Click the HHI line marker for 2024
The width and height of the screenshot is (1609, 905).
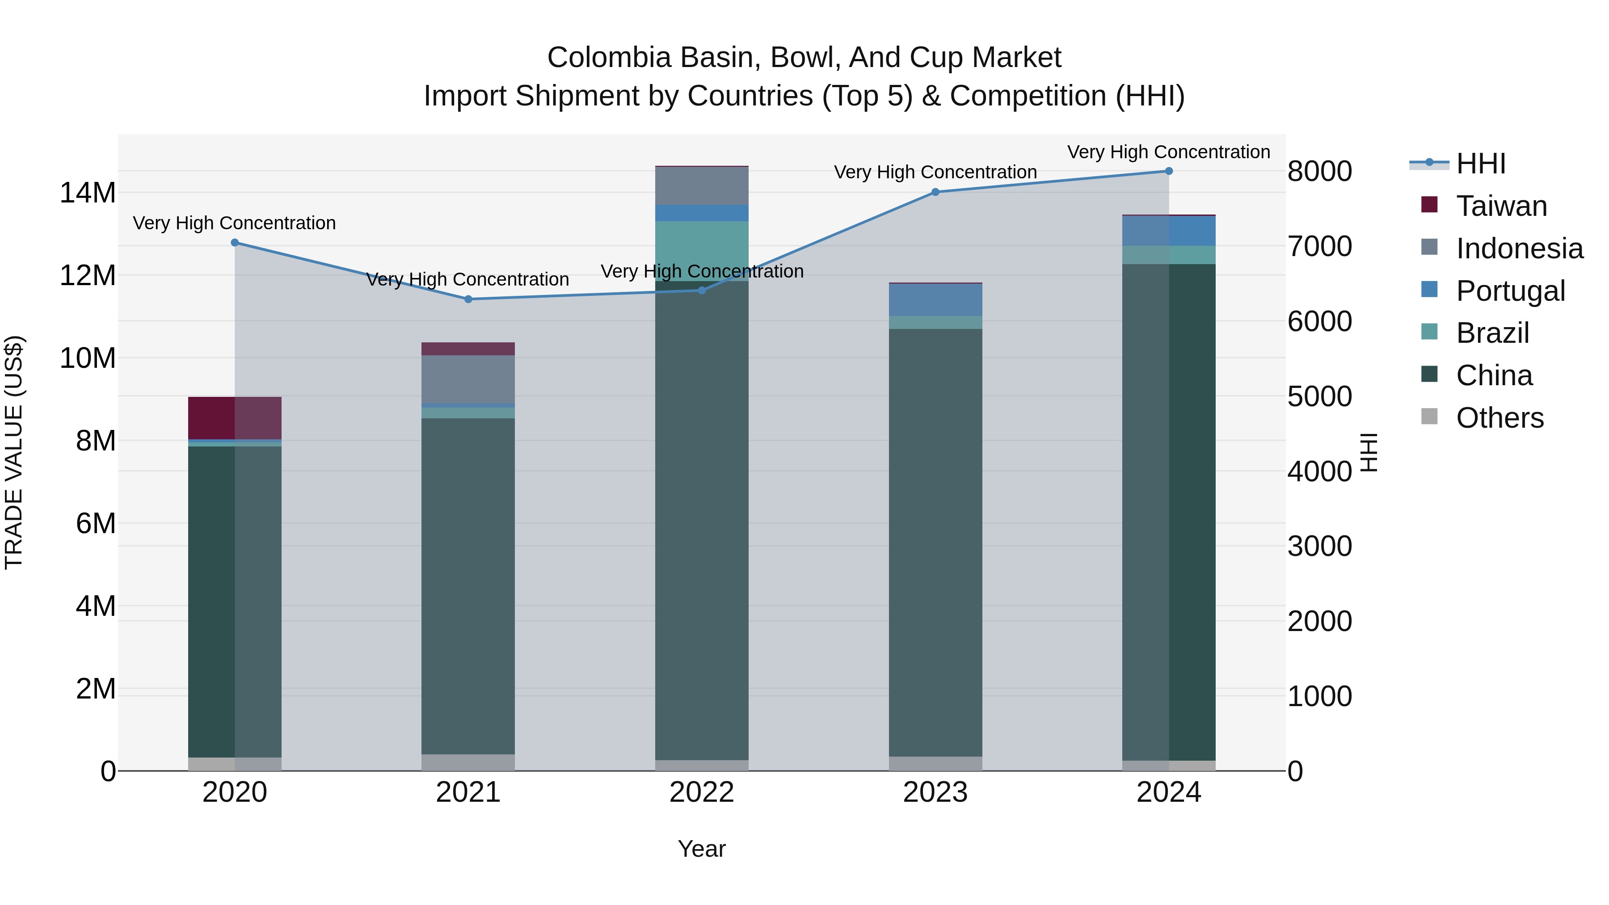(x=1169, y=171)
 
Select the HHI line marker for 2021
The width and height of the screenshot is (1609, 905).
(x=468, y=299)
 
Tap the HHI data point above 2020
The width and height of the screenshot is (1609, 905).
(x=235, y=242)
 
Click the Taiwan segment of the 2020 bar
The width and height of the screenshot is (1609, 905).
(x=235, y=418)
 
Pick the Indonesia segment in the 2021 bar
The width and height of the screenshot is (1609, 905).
(x=468, y=379)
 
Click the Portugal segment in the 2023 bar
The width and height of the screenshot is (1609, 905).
(x=935, y=300)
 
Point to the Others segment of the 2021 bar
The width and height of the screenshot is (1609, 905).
(x=468, y=762)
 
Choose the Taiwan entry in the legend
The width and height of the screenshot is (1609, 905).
(x=1501, y=206)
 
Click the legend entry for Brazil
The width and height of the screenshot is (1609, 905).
(x=1492, y=333)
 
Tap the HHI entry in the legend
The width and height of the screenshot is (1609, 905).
(x=1480, y=164)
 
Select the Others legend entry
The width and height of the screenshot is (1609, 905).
(x=1499, y=418)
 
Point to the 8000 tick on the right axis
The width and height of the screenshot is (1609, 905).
(x=1319, y=171)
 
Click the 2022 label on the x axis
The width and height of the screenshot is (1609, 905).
(x=701, y=792)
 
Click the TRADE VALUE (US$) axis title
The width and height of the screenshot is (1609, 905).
(x=14, y=452)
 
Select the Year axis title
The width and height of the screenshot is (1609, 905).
(x=701, y=849)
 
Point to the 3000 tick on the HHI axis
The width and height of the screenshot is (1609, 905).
(x=1319, y=547)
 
